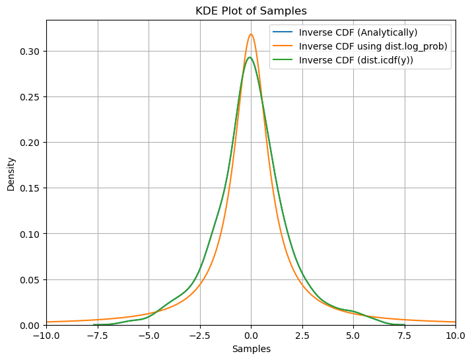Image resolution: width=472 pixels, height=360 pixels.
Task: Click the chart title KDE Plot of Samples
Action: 251,11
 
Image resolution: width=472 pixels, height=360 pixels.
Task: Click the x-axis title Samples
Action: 251,349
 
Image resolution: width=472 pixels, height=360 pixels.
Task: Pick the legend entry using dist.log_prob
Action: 373,46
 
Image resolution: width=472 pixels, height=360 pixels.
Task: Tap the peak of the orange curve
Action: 251,34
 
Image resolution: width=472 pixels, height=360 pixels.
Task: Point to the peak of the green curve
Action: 250,57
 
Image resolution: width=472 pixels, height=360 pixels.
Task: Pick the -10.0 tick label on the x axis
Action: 47,336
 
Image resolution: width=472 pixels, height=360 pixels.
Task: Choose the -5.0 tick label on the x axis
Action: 149,336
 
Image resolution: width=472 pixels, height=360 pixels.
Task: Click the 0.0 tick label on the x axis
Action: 251,336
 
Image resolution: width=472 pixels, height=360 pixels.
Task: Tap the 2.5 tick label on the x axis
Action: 302,336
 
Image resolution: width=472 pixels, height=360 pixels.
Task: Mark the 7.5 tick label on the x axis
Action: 404,336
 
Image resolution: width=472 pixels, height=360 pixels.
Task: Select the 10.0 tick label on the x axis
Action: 455,336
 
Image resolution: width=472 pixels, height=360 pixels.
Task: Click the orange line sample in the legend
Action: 285,46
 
